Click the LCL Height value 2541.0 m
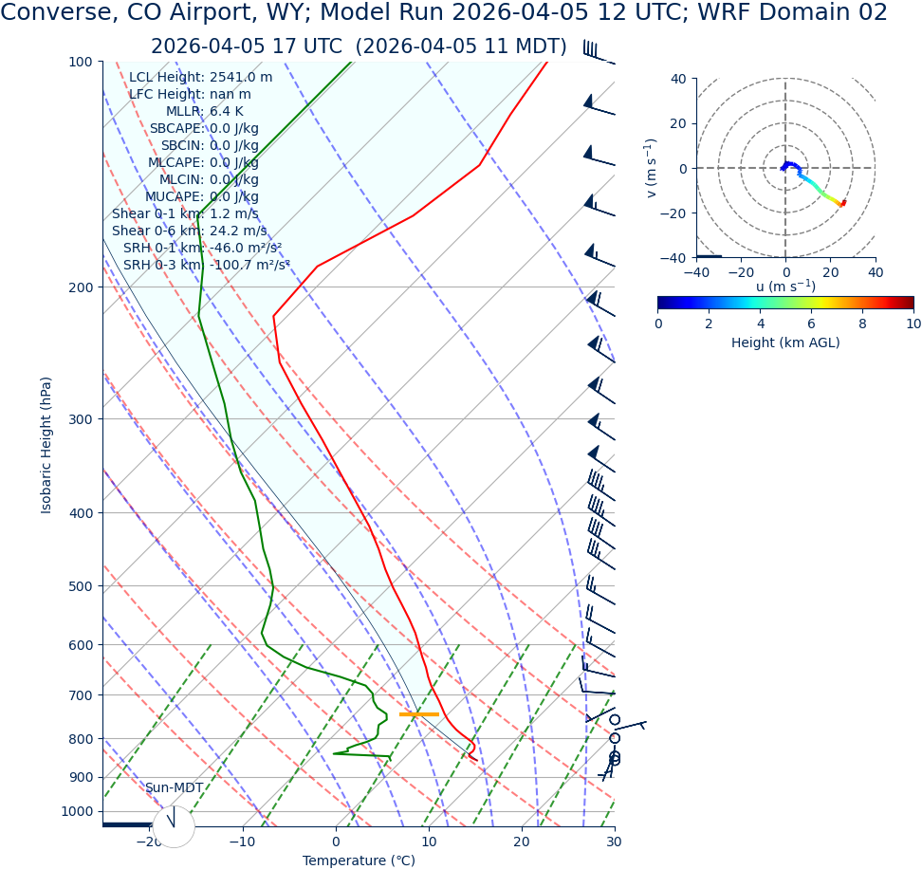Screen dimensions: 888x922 point(241,78)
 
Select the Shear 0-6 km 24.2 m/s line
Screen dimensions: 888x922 point(189,231)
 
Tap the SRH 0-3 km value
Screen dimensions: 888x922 point(249,266)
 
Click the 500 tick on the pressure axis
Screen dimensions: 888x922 point(81,586)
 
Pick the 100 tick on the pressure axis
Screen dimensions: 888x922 point(81,62)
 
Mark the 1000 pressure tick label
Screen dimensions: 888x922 point(77,811)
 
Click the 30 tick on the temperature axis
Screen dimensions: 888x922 point(614,842)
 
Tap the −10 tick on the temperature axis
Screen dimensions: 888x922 point(242,842)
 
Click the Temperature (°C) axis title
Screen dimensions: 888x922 point(359,861)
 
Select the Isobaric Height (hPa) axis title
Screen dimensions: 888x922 point(46,445)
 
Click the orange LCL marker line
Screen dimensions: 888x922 point(419,714)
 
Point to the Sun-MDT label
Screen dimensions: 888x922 point(174,788)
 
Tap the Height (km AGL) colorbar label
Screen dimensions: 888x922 point(785,343)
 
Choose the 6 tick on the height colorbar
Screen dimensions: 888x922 point(811,324)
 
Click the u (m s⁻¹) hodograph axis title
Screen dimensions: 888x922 point(785,287)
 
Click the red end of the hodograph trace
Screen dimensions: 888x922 point(842,203)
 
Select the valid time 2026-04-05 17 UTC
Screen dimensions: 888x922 point(246,47)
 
